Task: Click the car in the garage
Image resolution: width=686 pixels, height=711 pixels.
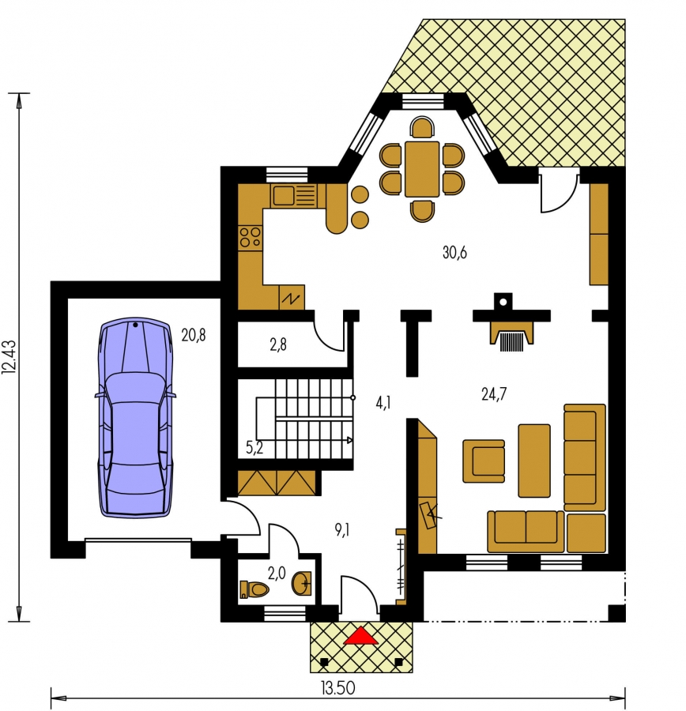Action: tap(136, 417)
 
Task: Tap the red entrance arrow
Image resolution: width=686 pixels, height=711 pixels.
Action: tap(360, 635)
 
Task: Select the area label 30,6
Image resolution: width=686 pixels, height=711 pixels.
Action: tap(454, 252)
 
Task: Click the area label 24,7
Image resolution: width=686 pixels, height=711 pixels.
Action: tap(494, 394)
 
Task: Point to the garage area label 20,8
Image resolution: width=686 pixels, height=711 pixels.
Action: tap(194, 335)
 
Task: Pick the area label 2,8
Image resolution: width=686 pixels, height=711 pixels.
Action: tap(278, 345)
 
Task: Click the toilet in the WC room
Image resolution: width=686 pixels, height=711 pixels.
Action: tap(254, 589)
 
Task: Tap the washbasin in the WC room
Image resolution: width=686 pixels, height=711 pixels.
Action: tap(302, 583)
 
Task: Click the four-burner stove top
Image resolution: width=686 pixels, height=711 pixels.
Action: tap(250, 237)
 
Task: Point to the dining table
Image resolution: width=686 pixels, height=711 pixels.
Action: tap(422, 169)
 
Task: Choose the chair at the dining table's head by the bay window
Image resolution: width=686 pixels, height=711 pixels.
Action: tap(422, 127)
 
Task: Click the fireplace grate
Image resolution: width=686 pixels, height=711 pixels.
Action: tap(512, 342)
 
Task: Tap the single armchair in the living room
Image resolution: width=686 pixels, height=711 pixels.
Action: tap(484, 461)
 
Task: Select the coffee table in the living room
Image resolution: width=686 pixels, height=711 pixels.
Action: tap(534, 461)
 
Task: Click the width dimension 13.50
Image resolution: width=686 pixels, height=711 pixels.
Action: tap(338, 688)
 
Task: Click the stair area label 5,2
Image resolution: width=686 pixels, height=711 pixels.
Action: tap(254, 448)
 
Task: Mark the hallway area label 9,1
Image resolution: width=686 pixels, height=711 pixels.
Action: tap(342, 529)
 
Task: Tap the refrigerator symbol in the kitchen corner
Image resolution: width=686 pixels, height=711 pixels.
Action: tap(292, 298)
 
